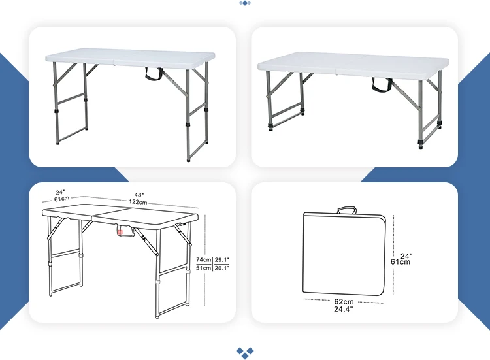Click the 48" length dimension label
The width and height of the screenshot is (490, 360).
coord(139,195)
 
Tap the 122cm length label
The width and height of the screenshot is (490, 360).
coord(139,203)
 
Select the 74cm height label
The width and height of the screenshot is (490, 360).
coord(204,259)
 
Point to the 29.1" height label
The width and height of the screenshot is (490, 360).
coord(223,259)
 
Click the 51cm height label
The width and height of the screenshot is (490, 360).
coord(204,267)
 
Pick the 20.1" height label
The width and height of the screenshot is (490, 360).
coord(223,267)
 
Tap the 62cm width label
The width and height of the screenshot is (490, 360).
coord(344,301)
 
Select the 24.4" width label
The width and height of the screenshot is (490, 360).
coord(344,310)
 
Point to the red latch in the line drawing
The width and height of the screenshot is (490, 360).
coord(120,230)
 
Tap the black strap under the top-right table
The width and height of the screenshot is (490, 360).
coord(381,84)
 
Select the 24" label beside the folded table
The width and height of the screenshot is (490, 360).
coord(406,255)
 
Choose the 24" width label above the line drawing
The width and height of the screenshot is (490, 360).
coord(61,192)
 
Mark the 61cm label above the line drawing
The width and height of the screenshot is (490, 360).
coord(62,199)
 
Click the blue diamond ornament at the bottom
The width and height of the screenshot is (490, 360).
coord(245,352)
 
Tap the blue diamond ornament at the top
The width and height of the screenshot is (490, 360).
coord(245,3)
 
